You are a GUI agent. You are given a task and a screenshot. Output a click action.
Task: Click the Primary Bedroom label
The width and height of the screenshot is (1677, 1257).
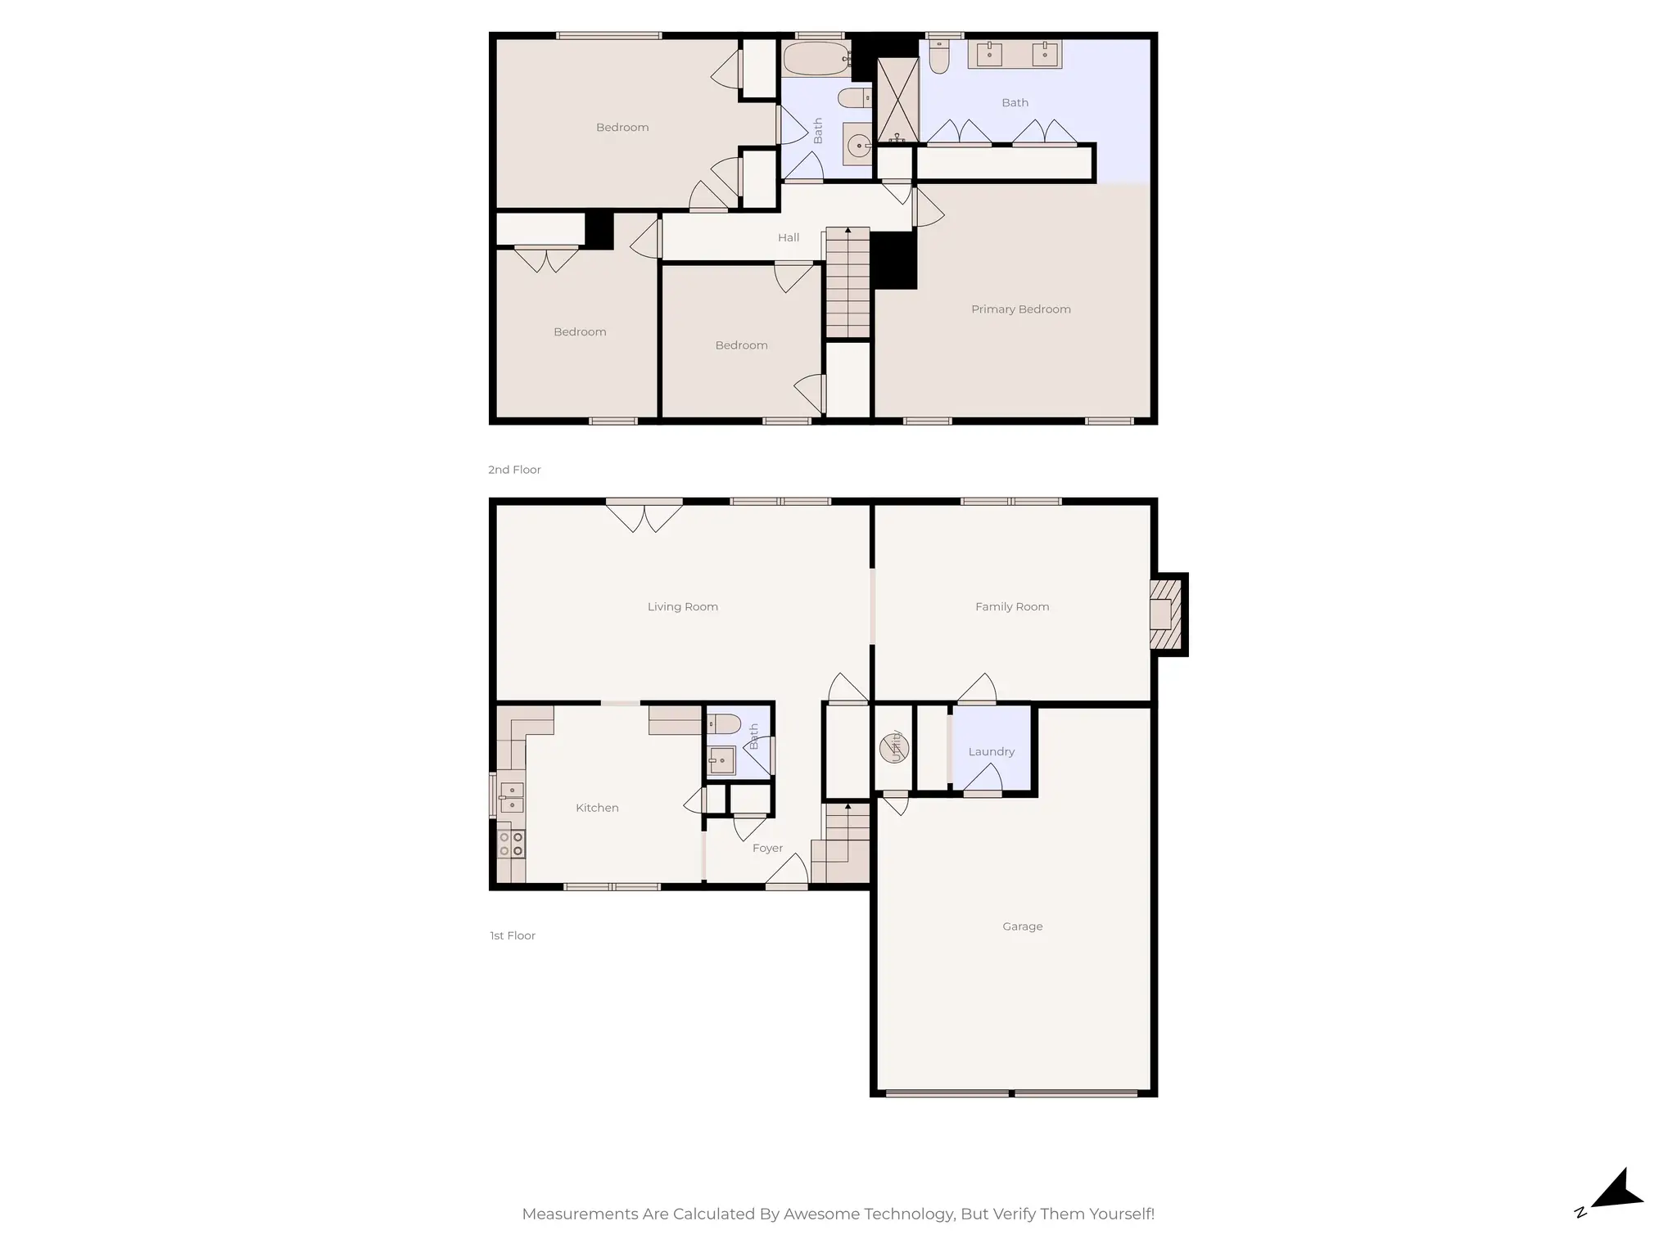[1020, 309]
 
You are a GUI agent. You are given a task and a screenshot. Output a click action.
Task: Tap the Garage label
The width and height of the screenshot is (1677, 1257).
[1022, 926]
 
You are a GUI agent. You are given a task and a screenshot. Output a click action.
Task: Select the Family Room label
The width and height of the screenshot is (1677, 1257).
[1012, 606]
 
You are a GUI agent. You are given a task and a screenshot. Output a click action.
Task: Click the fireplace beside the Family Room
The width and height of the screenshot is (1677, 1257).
[1166, 615]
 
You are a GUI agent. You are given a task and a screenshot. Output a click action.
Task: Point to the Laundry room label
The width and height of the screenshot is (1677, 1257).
[991, 751]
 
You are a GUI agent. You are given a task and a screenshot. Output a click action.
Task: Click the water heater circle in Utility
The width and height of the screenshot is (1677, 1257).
[893, 748]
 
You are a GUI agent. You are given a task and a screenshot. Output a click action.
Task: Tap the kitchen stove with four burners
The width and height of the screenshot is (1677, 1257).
[511, 844]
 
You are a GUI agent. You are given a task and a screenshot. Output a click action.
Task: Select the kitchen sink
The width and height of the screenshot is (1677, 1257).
[511, 797]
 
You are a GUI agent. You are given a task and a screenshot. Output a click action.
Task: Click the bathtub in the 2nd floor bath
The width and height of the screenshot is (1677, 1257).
[816, 59]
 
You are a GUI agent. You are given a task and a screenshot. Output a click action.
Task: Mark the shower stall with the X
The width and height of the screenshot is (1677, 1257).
[897, 100]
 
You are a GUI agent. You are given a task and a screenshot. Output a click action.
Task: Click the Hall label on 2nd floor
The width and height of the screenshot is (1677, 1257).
[789, 237]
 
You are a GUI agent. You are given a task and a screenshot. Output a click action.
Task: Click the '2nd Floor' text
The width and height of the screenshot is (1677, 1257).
[514, 470]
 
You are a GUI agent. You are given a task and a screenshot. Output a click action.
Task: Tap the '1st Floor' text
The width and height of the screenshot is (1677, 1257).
[513, 935]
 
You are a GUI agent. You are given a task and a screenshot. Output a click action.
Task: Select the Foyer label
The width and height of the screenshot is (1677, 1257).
[767, 849]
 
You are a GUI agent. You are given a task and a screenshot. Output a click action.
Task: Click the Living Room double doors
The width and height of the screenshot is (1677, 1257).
[644, 516]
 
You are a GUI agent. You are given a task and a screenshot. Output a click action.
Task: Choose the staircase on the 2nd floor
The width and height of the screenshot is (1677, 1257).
[848, 282]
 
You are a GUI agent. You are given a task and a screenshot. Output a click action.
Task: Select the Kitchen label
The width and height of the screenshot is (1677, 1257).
[597, 808]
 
